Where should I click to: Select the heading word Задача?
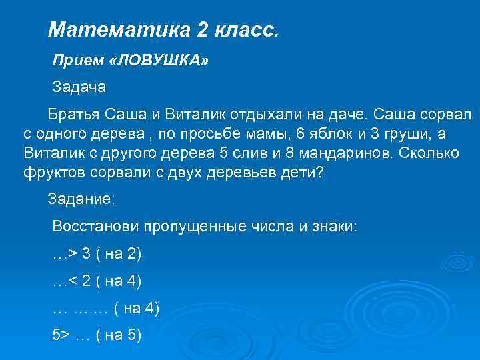pos(79,87)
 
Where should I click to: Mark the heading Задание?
pos(81,198)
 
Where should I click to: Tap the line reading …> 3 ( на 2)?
pos(97,254)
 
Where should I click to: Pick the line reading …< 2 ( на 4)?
pos(97,281)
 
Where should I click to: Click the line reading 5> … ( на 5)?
pos(97,335)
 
